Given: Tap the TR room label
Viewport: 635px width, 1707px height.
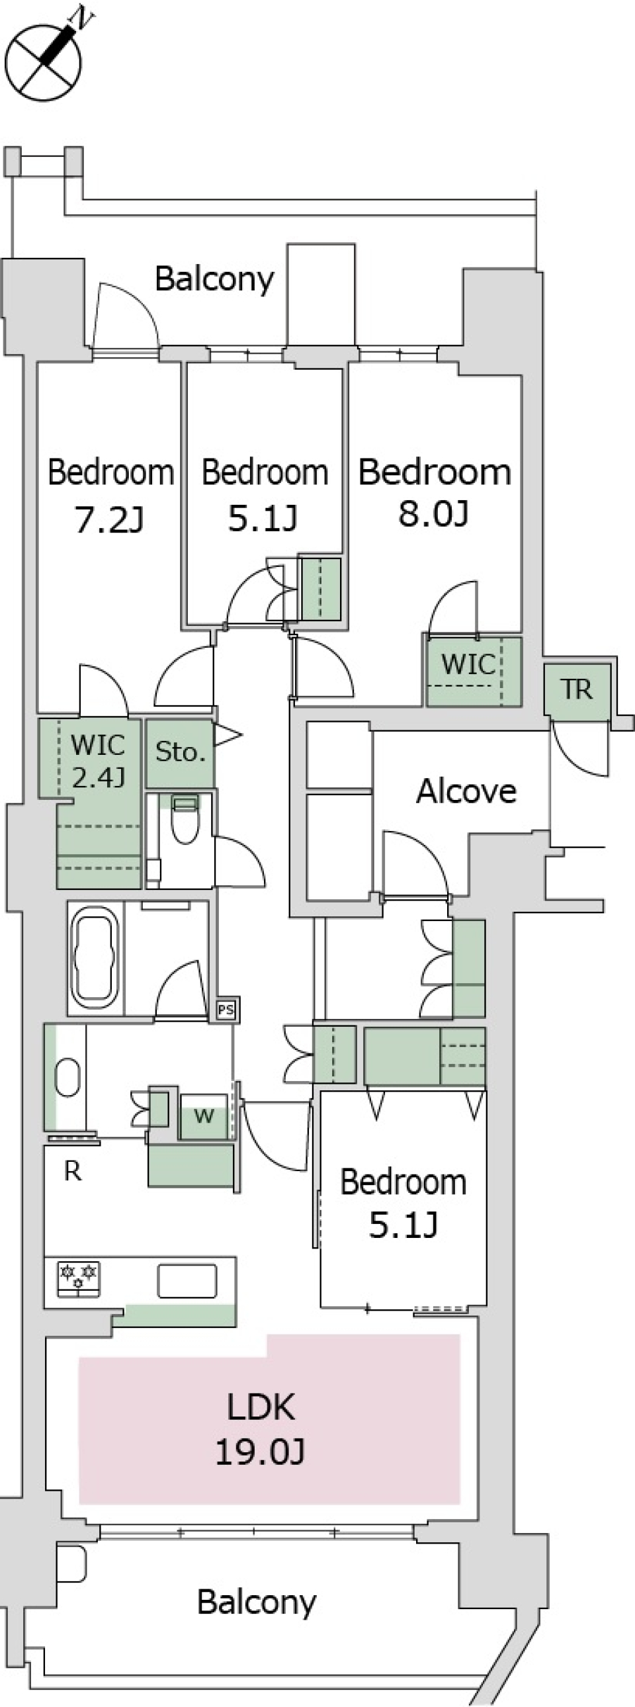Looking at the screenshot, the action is (577, 690).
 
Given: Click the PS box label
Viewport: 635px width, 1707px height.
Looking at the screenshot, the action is (226, 1010).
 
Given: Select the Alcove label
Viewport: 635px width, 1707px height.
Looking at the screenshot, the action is (466, 791).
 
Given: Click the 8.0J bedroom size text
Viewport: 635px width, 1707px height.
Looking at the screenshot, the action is (434, 514).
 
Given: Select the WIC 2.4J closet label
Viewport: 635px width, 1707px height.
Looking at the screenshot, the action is (97, 761).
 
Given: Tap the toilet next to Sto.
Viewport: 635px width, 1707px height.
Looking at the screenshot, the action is (185, 820).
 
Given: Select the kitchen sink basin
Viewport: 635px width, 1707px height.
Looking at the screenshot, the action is (187, 1280).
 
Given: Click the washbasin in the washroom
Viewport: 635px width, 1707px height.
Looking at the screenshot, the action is (67, 1079).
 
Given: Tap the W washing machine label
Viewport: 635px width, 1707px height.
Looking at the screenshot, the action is (204, 1116).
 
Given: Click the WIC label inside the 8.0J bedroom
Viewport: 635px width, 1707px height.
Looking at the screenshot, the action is (468, 664).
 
